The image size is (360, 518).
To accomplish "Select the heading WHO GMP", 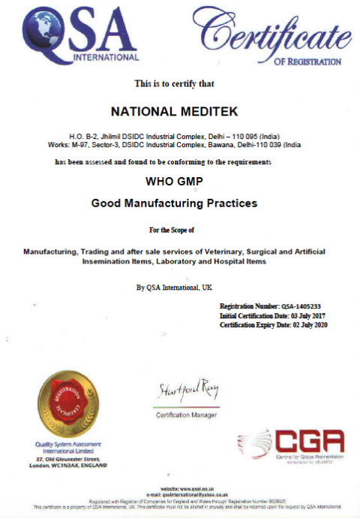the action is pos(173,181).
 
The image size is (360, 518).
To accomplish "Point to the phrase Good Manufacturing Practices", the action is pos(174,203).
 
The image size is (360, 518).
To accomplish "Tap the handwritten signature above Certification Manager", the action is pos(187,391).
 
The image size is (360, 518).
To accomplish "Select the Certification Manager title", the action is pos(187,415).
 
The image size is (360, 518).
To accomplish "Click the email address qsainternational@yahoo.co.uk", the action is pos(197,494).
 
